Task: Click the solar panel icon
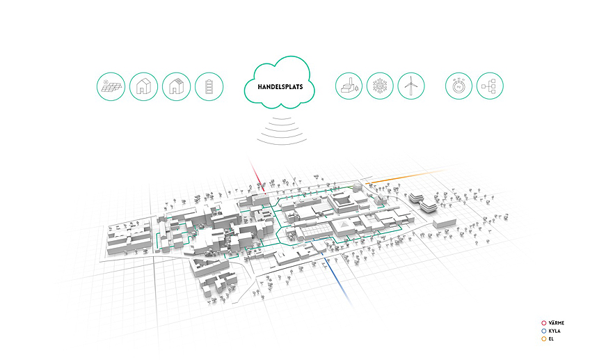point(111,87)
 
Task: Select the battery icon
point(209,87)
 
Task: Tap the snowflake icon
point(380,86)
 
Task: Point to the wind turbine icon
point(411,86)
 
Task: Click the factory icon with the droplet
point(348,86)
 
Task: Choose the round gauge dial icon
point(459,86)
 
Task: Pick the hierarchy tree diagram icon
point(491,86)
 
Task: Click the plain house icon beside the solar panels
point(143,87)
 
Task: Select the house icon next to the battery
point(176,87)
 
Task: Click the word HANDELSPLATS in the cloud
point(280,88)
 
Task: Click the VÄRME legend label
point(556,322)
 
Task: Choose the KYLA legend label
point(554,330)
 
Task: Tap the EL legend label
point(551,338)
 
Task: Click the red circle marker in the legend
point(543,322)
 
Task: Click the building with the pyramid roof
point(344,227)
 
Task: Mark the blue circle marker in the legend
point(543,330)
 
